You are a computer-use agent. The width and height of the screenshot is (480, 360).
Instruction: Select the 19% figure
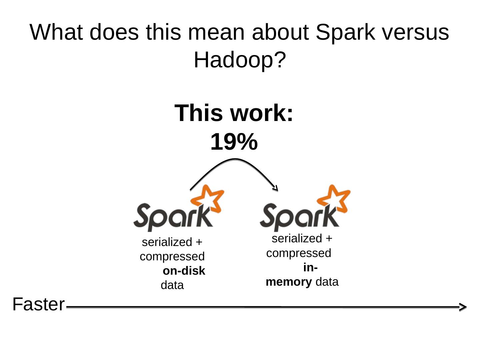pyautogui.click(x=234, y=142)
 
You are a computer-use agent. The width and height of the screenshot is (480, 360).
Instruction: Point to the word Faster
pyautogui.click(x=38, y=304)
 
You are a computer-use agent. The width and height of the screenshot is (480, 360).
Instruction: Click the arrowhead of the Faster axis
pyautogui.click(x=462, y=307)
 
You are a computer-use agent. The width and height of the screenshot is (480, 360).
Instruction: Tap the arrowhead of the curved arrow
pyautogui.click(x=275, y=189)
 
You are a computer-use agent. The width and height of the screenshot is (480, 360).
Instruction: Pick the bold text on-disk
pyautogui.click(x=184, y=271)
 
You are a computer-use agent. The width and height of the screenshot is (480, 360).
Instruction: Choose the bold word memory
pyautogui.click(x=289, y=282)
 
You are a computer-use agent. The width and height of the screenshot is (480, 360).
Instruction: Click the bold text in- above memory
pyautogui.click(x=310, y=268)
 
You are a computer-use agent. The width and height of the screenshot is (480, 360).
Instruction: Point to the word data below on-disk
pyautogui.click(x=172, y=285)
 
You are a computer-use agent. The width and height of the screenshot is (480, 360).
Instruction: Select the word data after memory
pyautogui.click(x=327, y=282)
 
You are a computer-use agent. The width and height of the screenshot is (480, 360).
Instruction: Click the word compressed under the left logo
pyautogui.click(x=172, y=257)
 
